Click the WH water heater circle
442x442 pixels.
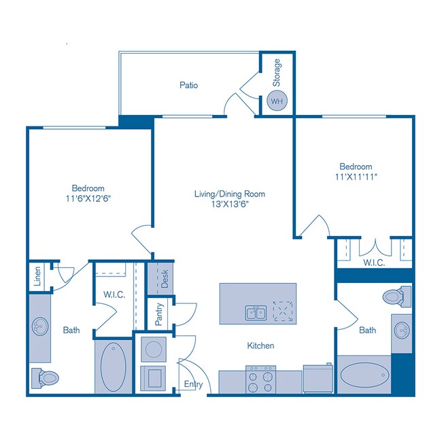[x=277, y=101]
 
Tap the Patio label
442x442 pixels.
[x=188, y=86]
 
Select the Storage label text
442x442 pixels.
[x=277, y=71]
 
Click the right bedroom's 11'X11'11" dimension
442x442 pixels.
[x=356, y=176]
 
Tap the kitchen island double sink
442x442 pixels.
[x=256, y=312]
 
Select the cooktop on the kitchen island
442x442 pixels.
[x=282, y=311]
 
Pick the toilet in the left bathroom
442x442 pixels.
[x=46, y=376]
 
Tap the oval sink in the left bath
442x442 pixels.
[x=39, y=327]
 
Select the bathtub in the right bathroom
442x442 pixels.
[x=364, y=375]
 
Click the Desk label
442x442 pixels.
[x=163, y=277]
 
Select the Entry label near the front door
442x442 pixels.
[x=193, y=385]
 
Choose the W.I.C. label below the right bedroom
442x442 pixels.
[x=374, y=262]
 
